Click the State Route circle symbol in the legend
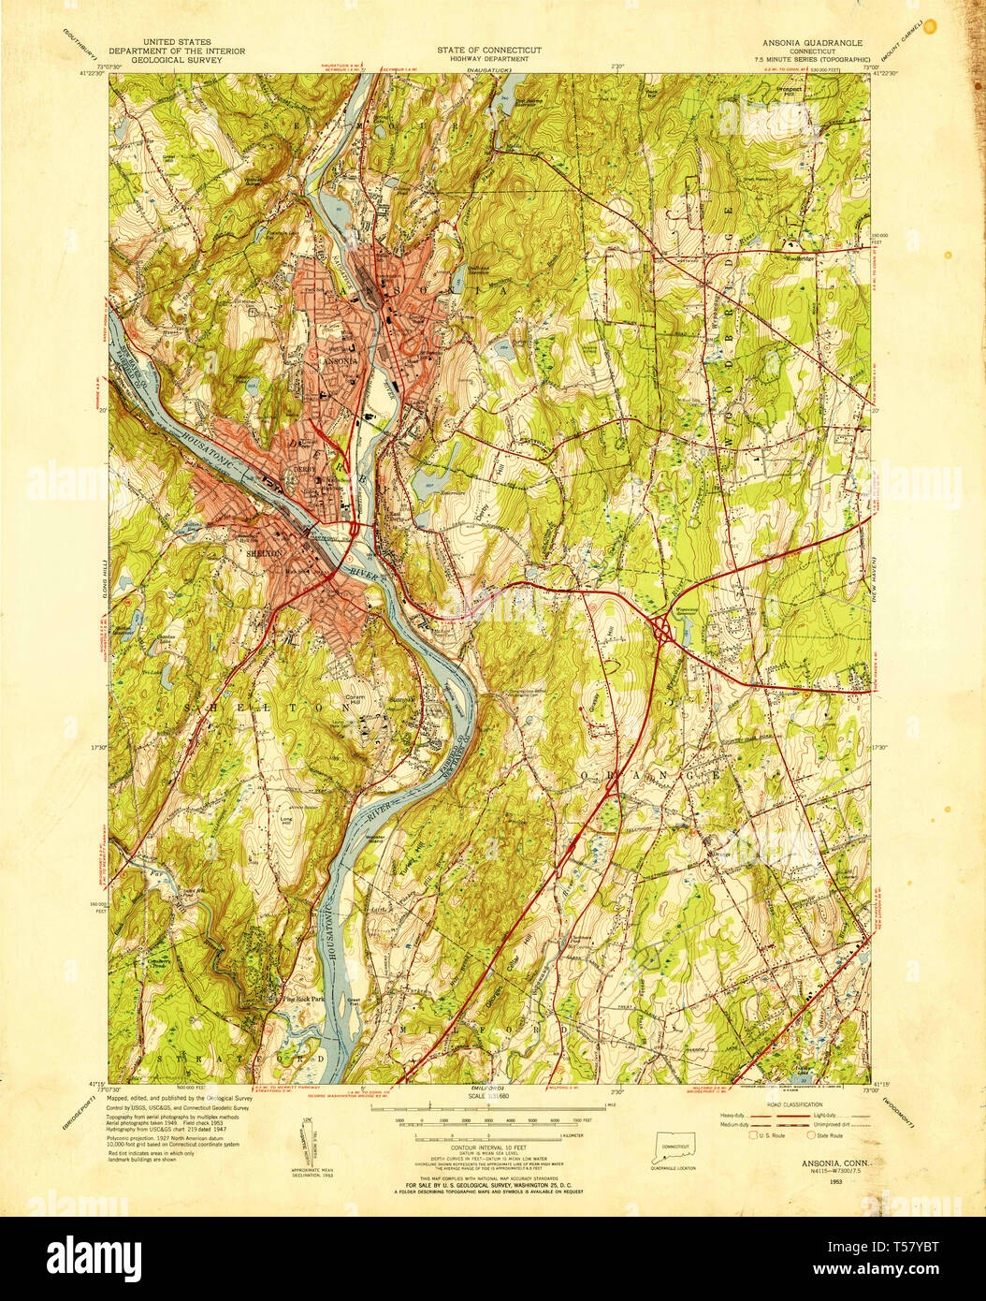[811, 1135]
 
